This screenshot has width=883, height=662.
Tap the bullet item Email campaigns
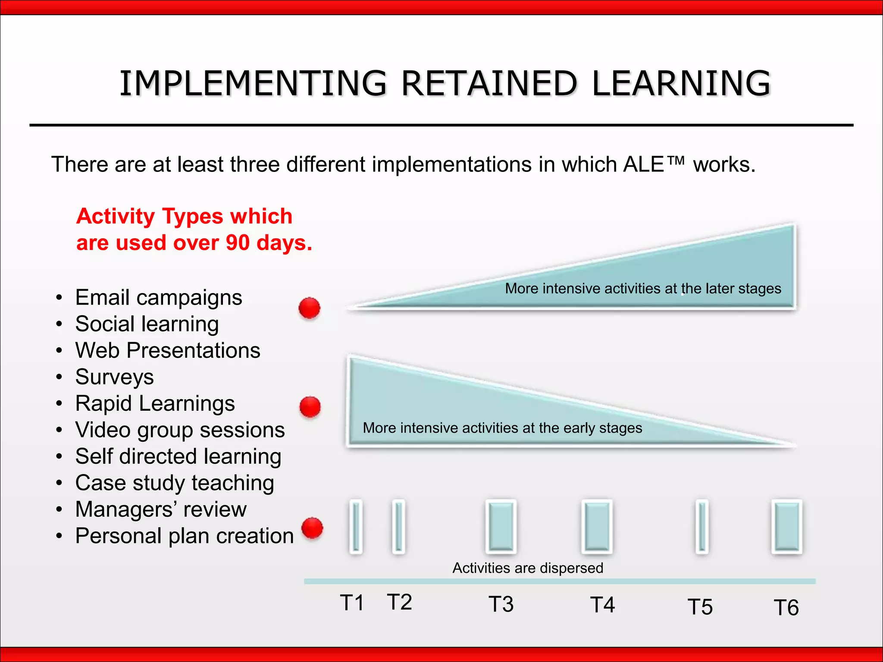click(x=158, y=298)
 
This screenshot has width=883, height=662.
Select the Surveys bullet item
click(x=114, y=377)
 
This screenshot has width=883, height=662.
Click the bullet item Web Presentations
click(x=167, y=350)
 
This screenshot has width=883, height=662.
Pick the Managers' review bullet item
click(x=160, y=509)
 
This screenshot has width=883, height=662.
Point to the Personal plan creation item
click(x=184, y=536)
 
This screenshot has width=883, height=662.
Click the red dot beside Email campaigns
click(x=309, y=308)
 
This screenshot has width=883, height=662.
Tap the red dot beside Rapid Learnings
click(x=310, y=407)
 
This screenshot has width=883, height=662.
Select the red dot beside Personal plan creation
click(x=312, y=528)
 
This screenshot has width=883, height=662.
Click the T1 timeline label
click(x=352, y=603)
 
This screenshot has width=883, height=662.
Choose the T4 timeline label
click(x=602, y=605)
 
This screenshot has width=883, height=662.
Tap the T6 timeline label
click(x=786, y=608)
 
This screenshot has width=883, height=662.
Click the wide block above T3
click(x=501, y=527)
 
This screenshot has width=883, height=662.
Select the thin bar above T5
click(x=702, y=527)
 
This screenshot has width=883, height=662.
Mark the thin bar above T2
click(x=398, y=527)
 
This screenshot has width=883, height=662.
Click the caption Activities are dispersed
click(x=527, y=568)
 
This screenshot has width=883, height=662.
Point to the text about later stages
click(x=643, y=288)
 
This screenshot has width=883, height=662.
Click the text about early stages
click(x=502, y=428)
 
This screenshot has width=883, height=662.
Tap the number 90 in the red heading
click(x=238, y=243)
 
